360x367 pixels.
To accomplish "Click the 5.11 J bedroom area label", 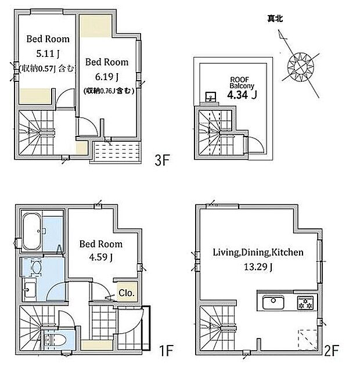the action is [x=48, y=54].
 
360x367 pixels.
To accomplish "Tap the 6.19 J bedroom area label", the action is [x=107, y=77].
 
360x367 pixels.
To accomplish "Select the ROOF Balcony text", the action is [x=242, y=83].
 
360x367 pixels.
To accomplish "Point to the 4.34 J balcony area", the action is [x=242, y=95].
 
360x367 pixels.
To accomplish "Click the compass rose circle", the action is [x=301, y=65].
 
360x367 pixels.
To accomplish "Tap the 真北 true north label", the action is [x=275, y=19].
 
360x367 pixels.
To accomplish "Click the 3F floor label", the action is [x=162, y=160].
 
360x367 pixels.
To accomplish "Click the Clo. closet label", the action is [x=127, y=293].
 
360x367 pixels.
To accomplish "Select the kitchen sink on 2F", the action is [x=273, y=303].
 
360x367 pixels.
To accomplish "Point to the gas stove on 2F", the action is [x=305, y=303].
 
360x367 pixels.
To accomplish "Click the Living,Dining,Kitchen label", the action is [x=258, y=252].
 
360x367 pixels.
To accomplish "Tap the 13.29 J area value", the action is [x=258, y=267].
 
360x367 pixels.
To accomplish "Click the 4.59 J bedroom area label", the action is [x=101, y=257].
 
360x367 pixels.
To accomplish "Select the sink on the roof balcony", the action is [x=210, y=97].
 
